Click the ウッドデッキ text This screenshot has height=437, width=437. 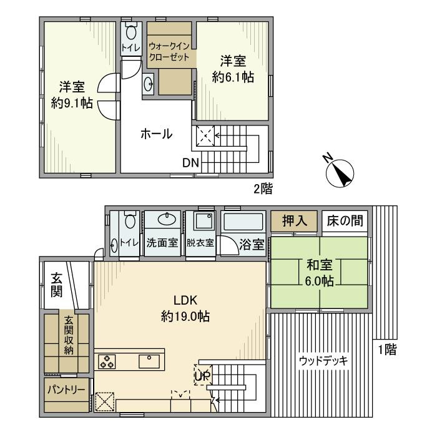tap(323, 361)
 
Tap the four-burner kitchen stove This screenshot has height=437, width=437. tap(106, 361)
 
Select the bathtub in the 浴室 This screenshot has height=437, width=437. tap(244, 223)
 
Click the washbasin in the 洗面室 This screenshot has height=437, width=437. tap(165, 219)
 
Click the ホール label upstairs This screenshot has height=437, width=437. tap(156, 134)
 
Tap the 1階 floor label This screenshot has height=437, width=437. tap(386, 350)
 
